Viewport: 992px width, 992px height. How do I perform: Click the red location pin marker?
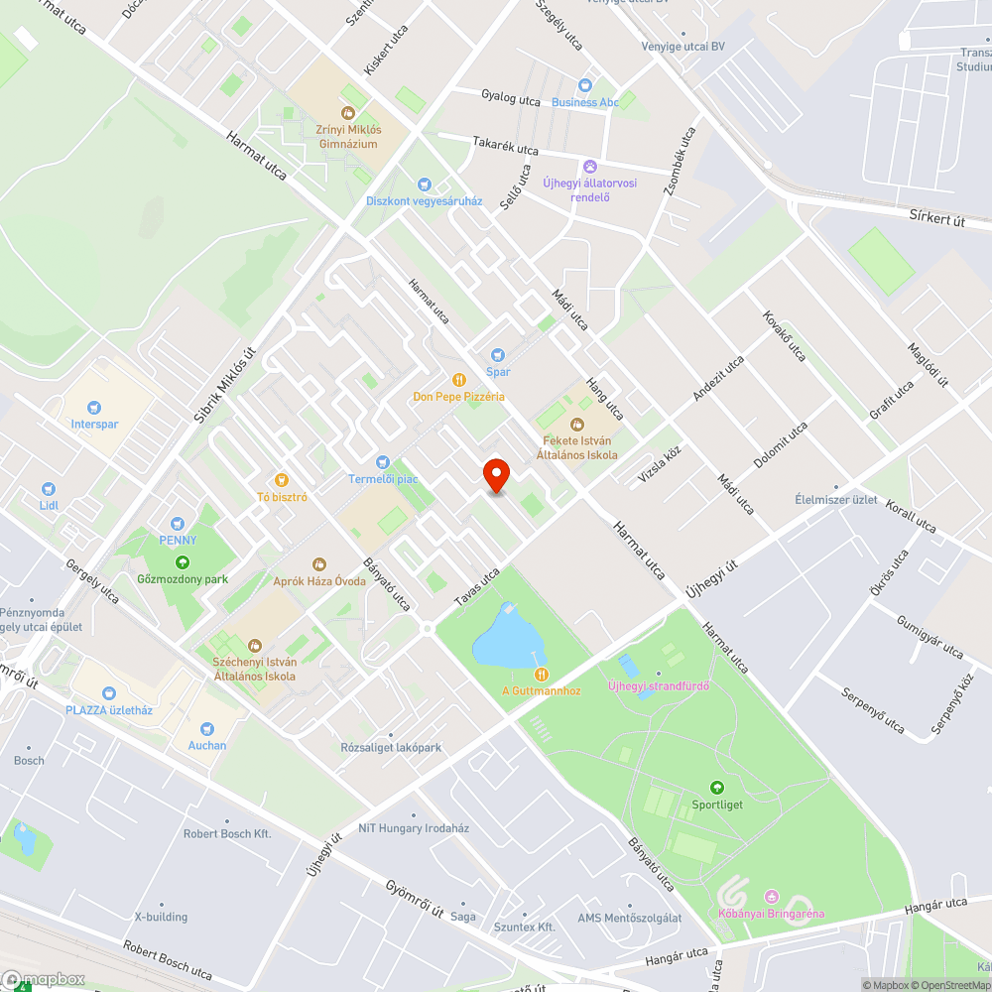495,475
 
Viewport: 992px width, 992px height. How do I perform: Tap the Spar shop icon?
498,355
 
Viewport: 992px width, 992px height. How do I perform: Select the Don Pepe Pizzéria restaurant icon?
459,379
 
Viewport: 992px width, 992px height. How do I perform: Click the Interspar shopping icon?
94,407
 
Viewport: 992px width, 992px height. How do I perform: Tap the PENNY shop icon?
178,523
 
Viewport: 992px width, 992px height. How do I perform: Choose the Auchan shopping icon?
207,728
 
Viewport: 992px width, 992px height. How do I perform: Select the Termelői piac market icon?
383,462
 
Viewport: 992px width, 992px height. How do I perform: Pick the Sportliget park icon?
717,787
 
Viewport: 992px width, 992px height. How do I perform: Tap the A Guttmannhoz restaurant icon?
541,674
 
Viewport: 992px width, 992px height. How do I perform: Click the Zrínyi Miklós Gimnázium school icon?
347,114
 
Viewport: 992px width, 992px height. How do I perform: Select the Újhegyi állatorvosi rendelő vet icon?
590,166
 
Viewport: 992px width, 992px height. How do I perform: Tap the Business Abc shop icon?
585,85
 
